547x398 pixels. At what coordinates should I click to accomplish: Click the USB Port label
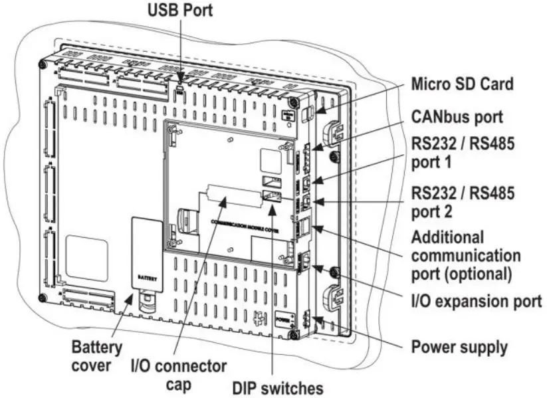pyautogui.click(x=179, y=12)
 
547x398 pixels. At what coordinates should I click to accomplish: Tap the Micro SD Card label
pyautogui.click(x=462, y=84)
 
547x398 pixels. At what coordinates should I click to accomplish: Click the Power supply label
pyautogui.click(x=459, y=346)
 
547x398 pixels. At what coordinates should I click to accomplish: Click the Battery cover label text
pyautogui.click(x=97, y=356)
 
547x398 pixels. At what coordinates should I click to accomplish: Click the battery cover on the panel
pyautogui.click(x=147, y=252)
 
